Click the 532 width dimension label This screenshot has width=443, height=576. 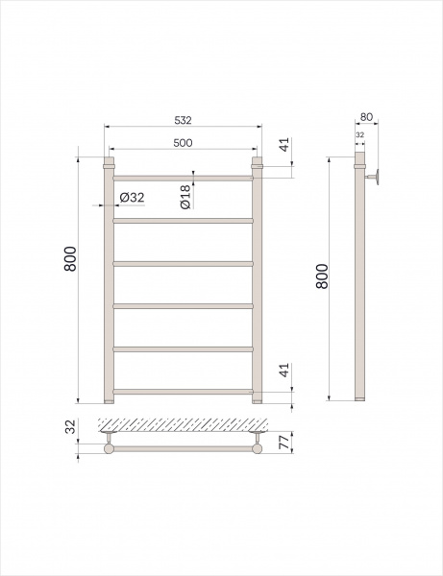pyautogui.click(x=183, y=120)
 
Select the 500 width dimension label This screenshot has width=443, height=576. pyautogui.click(x=183, y=142)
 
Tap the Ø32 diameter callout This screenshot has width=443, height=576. pyautogui.click(x=132, y=198)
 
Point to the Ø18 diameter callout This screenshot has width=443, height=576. pyautogui.click(x=185, y=197)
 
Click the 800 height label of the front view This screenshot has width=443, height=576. pyautogui.click(x=70, y=258)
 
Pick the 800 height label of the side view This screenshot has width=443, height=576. pyautogui.click(x=322, y=276)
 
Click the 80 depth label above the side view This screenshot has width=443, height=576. pyautogui.click(x=366, y=117)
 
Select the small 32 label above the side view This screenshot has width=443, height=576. pyautogui.click(x=360, y=134)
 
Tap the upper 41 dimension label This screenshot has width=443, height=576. pyautogui.click(x=284, y=144)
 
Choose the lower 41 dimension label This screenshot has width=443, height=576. pyautogui.click(x=284, y=370)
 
